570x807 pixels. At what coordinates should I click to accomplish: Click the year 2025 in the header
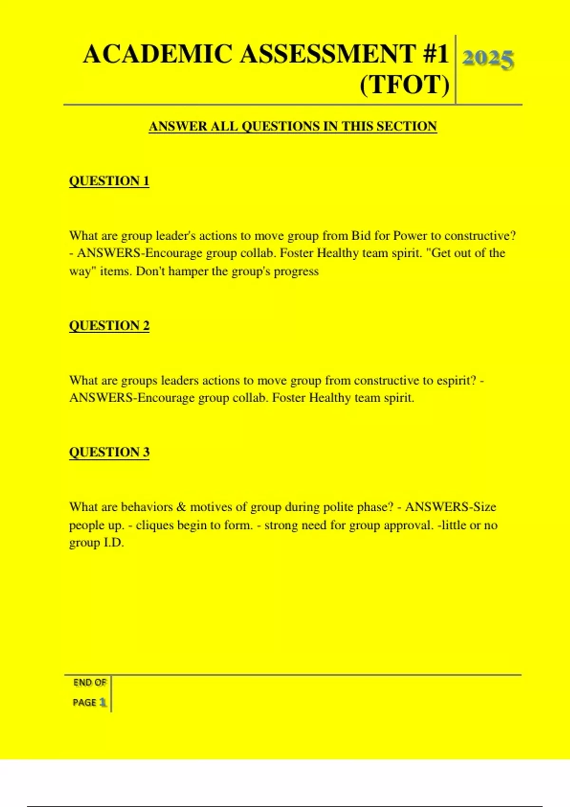488,59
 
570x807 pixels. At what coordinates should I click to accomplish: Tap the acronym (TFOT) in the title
404,85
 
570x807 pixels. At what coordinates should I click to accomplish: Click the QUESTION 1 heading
109,181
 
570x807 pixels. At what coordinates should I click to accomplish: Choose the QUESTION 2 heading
109,326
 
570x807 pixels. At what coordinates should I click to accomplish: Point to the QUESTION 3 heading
109,452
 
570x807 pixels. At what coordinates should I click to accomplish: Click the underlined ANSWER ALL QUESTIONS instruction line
293,126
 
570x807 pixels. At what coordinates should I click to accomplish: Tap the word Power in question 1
410,236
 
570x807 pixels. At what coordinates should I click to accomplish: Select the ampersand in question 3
180,507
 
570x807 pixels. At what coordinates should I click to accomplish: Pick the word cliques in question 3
155,525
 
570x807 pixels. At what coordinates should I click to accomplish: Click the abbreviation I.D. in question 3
114,543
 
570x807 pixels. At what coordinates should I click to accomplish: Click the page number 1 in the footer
103,702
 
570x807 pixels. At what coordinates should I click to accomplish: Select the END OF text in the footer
89,683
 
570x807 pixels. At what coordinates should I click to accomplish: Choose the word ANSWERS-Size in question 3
450,507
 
